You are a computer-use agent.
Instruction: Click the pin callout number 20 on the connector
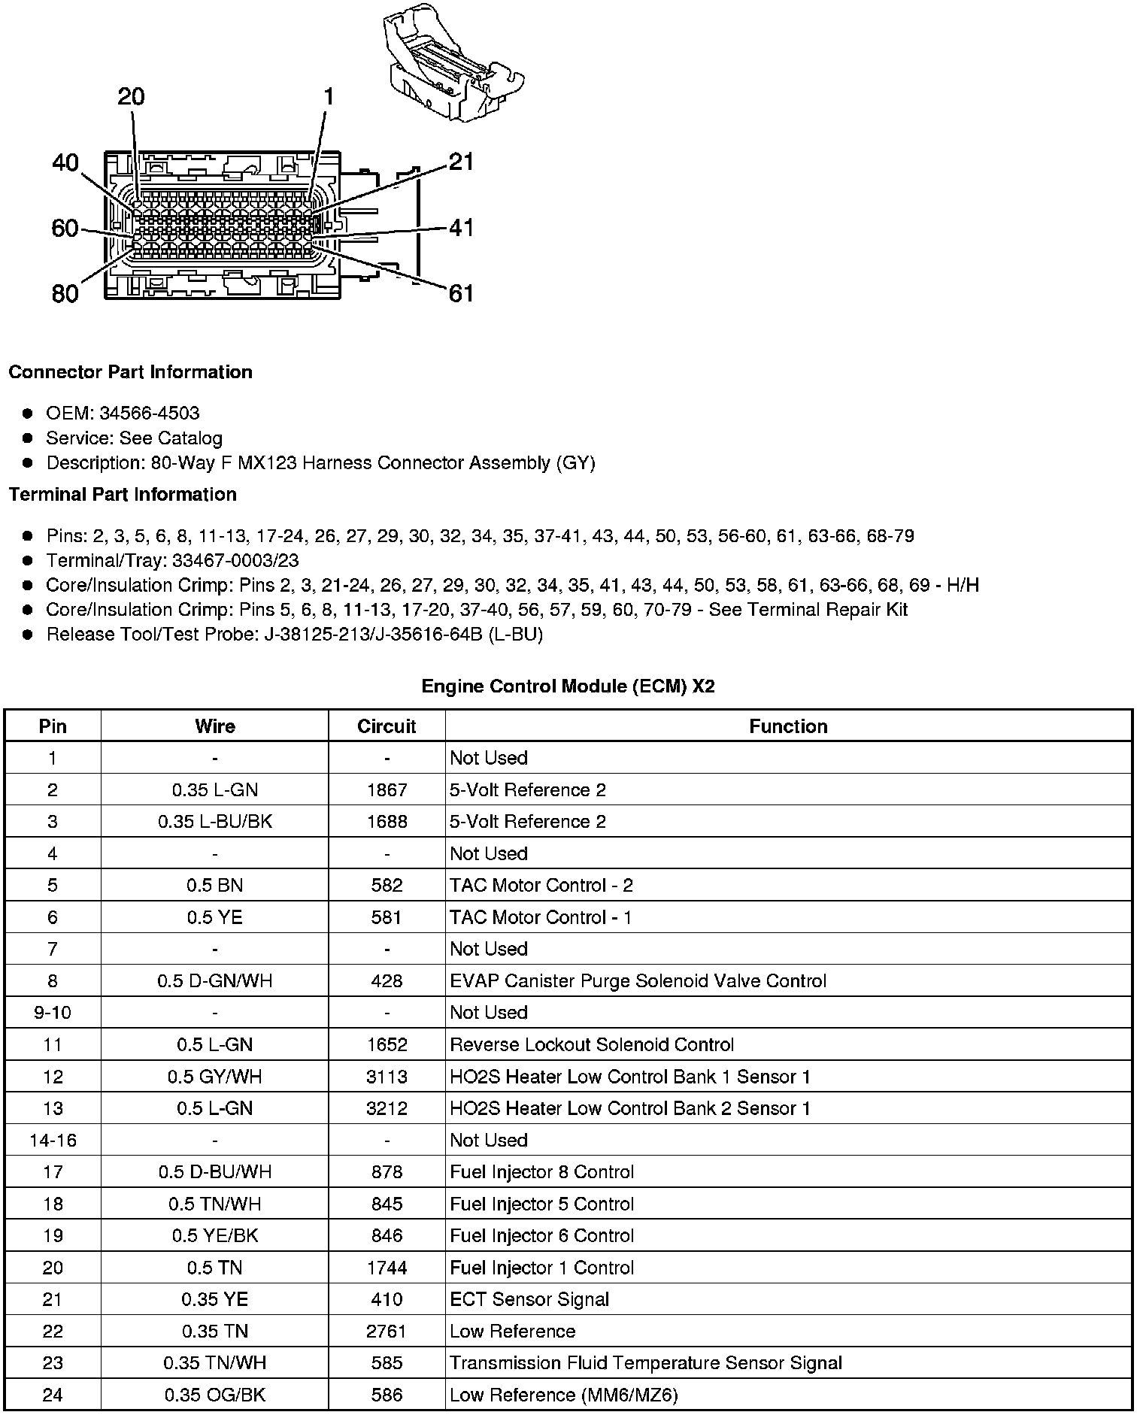[x=132, y=97]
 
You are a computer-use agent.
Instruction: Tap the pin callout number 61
[x=461, y=292]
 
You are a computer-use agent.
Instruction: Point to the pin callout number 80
[x=65, y=293]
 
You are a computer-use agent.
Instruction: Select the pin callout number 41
[x=461, y=227]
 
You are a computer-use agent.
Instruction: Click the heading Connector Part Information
[x=130, y=372]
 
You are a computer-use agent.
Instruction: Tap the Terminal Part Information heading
[x=123, y=495]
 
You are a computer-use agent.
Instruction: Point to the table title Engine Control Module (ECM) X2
[x=568, y=686]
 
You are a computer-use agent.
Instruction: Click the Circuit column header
[x=387, y=726]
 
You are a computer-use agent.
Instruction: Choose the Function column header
[x=788, y=726]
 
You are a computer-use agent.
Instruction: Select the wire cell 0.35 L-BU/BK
[x=215, y=822]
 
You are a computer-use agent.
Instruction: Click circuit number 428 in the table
[x=387, y=981]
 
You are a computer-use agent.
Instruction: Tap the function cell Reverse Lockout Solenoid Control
[x=592, y=1045]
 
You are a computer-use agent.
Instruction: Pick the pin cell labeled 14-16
[x=53, y=1141]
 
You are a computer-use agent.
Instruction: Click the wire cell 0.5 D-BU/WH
[x=215, y=1172]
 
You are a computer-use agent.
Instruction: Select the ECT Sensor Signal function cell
[x=529, y=1299]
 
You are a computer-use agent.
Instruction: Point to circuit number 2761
[x=387, y=1332]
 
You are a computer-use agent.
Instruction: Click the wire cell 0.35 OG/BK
[x=215, y=1395]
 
